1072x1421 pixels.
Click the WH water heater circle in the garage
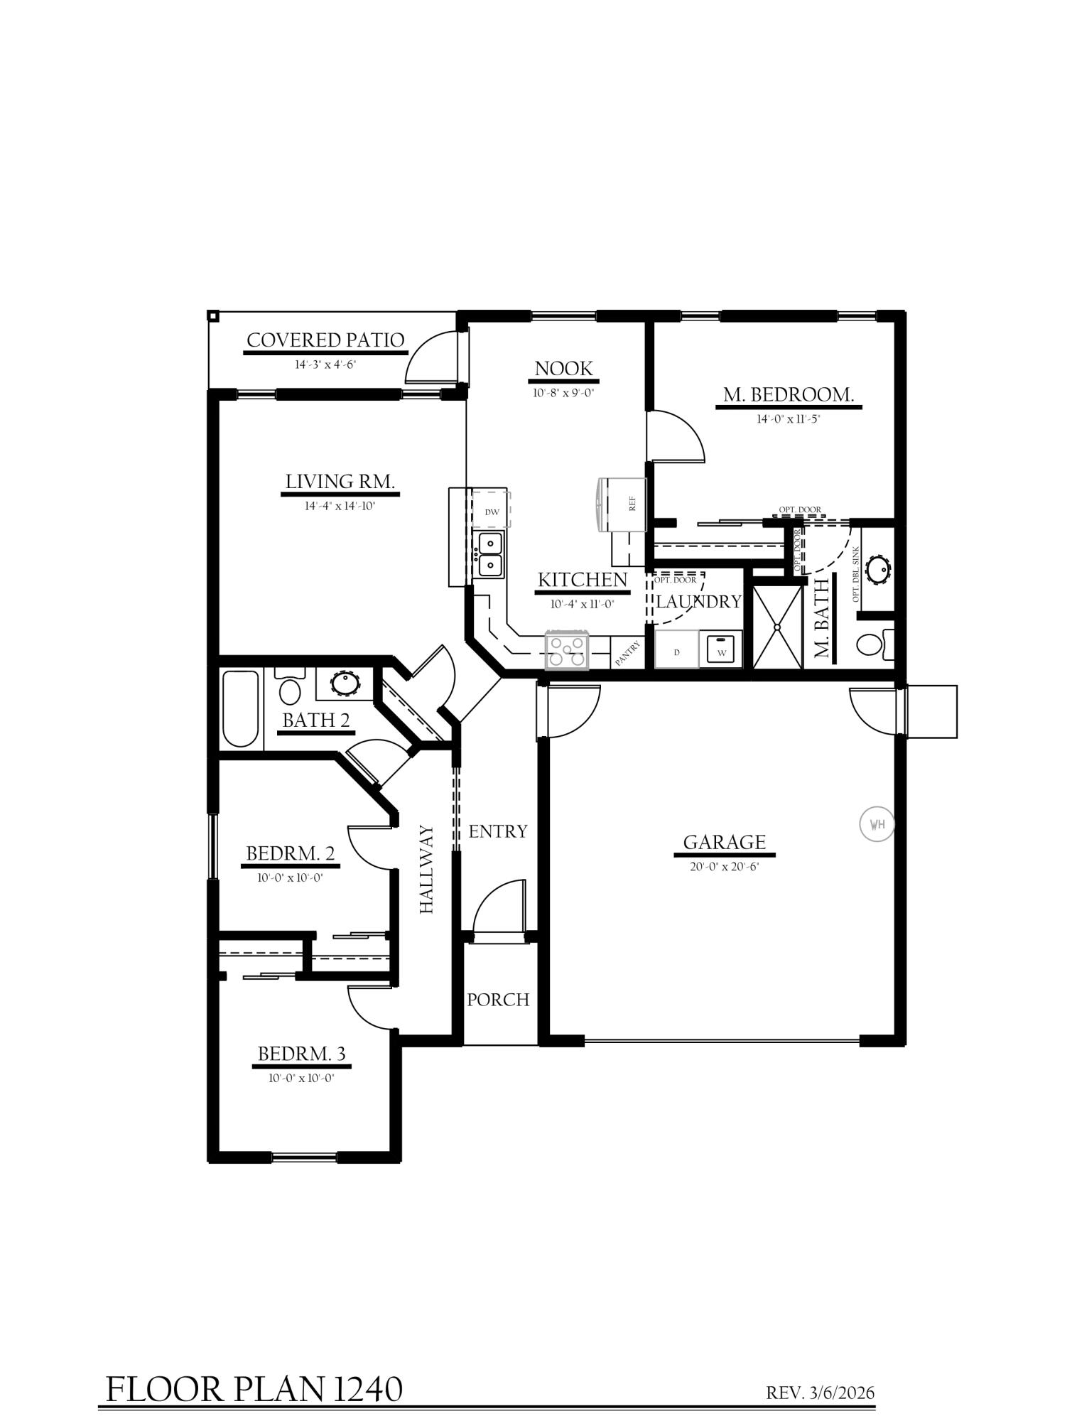877,825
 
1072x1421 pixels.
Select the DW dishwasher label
492,512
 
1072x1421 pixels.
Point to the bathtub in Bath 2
240,708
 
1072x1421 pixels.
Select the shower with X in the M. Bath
776,627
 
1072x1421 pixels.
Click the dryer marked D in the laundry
676,652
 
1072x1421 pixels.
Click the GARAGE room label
724,843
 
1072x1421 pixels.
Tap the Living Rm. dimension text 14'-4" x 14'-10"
340,507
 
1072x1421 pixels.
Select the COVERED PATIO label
325,340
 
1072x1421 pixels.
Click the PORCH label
498,1000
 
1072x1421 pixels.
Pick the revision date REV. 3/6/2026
820,1373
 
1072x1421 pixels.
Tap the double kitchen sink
489,555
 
